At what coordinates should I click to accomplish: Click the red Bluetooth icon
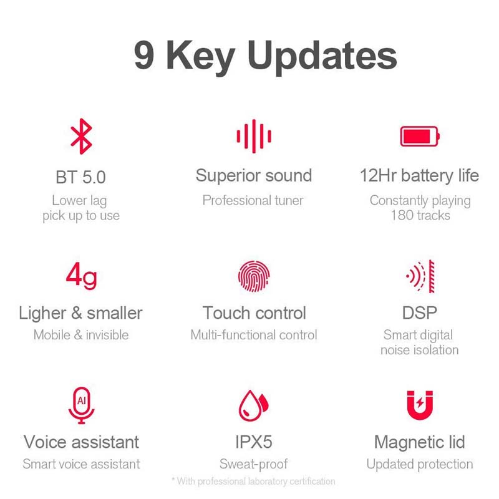pos(82,136)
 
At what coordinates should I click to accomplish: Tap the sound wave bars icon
pos(254,136)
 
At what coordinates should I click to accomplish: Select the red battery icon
pos(420,136)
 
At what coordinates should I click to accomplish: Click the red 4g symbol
pos(82,276)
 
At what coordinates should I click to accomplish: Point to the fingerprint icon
pos(254,276)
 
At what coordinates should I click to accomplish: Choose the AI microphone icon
pos(82,405)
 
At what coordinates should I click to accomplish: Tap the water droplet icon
pos(254,405)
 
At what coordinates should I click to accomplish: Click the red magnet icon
pos(420,405)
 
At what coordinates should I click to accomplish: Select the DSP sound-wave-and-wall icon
pos(420,276)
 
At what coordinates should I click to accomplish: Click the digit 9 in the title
pos(145,55)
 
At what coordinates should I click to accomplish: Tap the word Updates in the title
pos(322,57)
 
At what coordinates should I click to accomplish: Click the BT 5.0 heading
pos(81,177)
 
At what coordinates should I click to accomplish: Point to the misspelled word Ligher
pos(42,314)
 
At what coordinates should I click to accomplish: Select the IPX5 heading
pos(254,442)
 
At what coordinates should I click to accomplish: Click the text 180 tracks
pos(420,215)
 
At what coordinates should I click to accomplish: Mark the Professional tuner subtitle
pos(253,200)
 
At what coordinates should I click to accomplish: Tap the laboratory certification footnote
pos(254,481)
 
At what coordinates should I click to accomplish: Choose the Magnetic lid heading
pos(420,443)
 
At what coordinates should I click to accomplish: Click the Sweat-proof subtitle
pos(254,464)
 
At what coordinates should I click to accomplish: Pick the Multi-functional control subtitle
pos(254,335)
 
